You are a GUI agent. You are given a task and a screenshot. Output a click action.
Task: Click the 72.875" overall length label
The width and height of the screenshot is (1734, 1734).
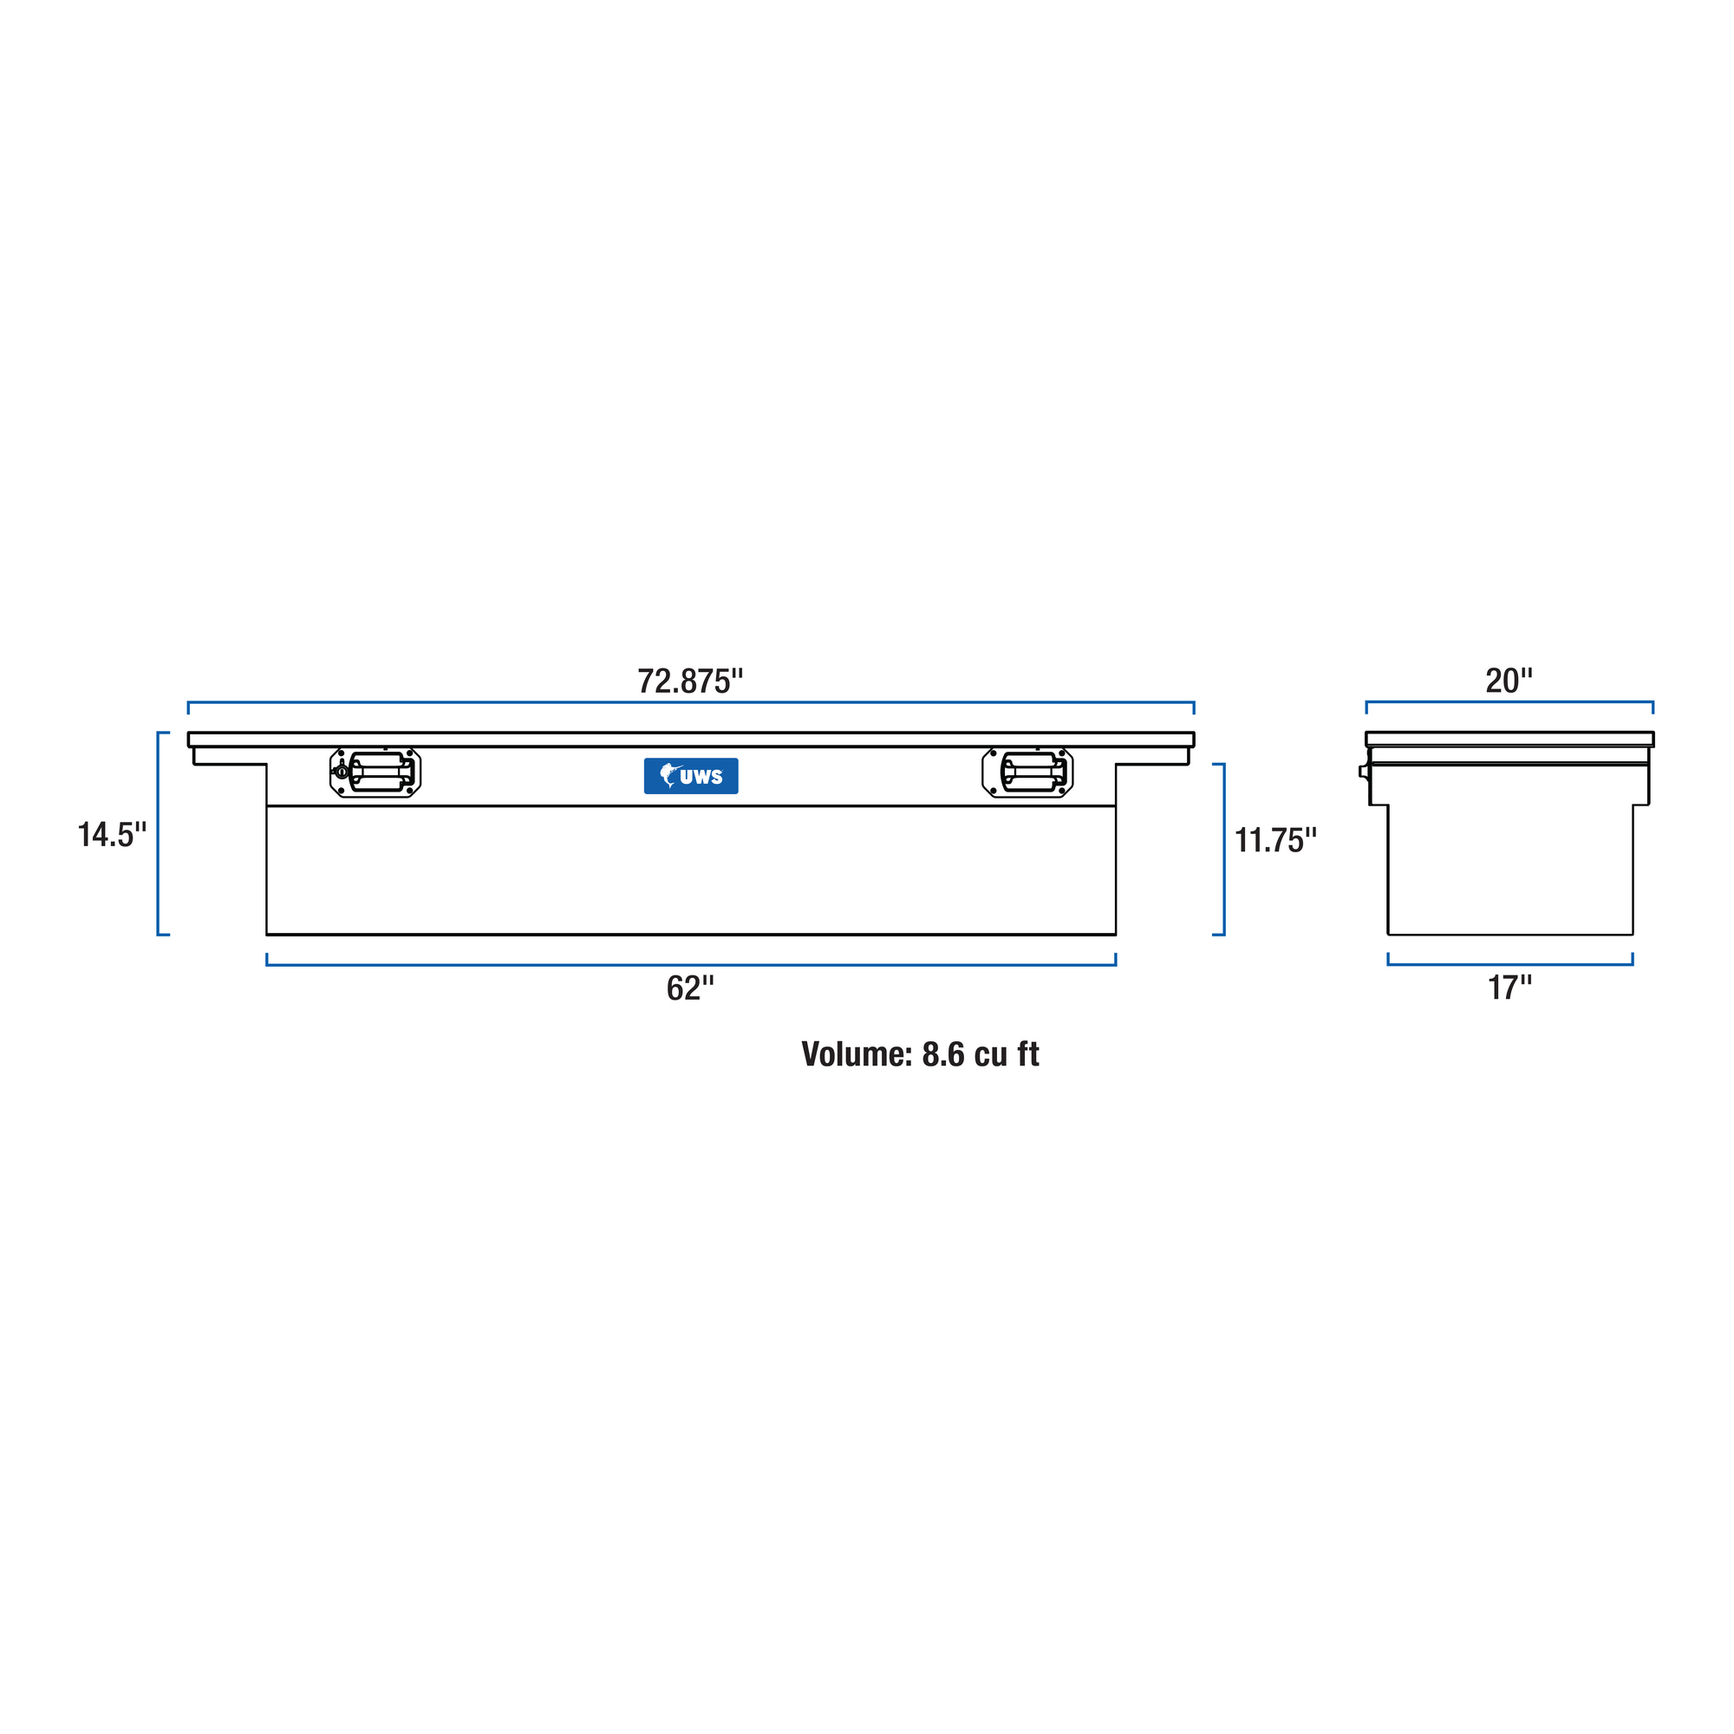[690, 681]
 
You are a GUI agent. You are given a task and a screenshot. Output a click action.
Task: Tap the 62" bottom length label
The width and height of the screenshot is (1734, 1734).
[690, 988]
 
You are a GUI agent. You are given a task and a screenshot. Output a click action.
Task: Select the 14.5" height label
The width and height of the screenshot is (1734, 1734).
[112, 835]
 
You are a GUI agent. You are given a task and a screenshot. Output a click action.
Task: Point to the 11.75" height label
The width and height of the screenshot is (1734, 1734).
[1275, 840]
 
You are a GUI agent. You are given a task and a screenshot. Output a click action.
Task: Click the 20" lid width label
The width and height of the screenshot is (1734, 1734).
[1509, 681]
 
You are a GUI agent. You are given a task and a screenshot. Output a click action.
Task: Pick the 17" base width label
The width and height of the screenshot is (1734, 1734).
[1509, 988]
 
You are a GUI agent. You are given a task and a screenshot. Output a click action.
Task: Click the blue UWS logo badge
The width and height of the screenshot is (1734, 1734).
[691, 776]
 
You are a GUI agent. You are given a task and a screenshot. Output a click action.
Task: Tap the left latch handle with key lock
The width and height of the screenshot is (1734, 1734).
[375, 772]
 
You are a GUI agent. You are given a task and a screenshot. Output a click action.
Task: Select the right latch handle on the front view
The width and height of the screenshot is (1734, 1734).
[1027, 772]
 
